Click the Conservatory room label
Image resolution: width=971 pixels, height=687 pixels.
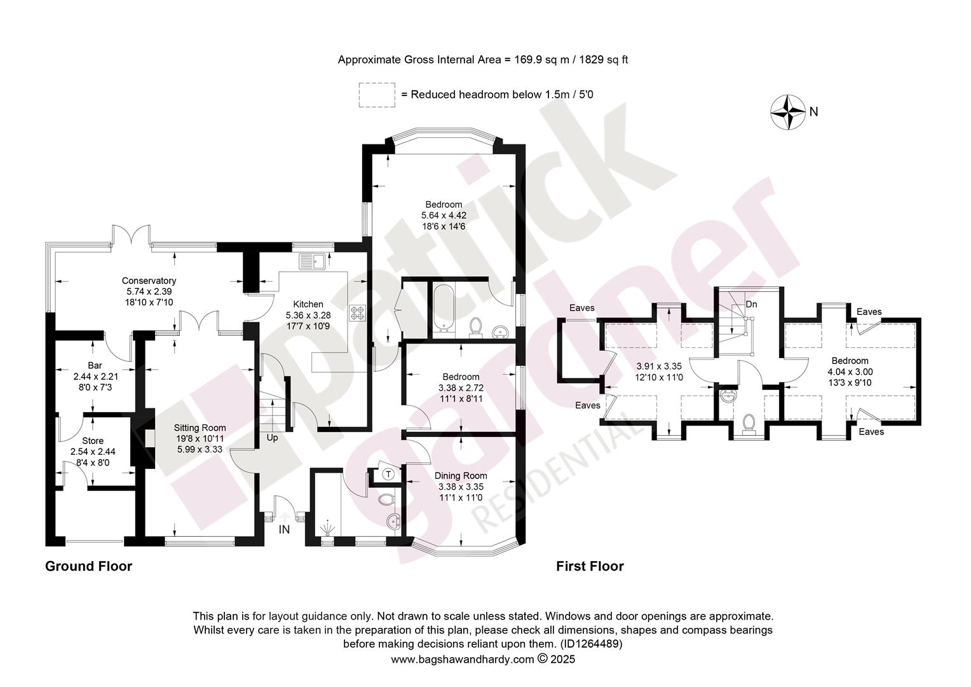(x=149, y=281)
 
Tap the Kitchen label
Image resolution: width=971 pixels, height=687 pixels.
(x=308, y=304)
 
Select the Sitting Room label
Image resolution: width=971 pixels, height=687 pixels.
(x=200, y=428)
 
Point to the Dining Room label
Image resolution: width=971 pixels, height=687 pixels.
(x=461, y=476)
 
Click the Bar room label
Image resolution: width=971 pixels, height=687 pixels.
(x=95, y=365)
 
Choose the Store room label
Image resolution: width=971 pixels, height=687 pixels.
(x=93, y=441)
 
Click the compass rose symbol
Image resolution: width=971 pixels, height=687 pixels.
(x=788, y=112)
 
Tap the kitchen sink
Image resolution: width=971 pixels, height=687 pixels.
(x=312, y=261)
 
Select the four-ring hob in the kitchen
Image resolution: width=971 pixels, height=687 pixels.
(x=358, y=313)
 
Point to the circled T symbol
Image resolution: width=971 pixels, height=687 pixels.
(x=388, y=475)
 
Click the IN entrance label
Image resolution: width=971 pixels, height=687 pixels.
(x=284, y=529)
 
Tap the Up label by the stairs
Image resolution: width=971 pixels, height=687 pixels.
(x=272, y=438)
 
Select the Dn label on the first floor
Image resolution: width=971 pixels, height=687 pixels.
(x=751, y=304)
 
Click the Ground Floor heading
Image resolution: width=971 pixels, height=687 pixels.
(x=88, y=566)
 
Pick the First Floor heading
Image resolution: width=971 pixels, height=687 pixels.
(x=590, y=566)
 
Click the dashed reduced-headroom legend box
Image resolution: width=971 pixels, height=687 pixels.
(x=377, y=95)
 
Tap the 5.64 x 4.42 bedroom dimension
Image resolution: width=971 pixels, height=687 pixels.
(x=444, y=215)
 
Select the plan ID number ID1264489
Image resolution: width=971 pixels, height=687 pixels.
(x=591, y=644)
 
